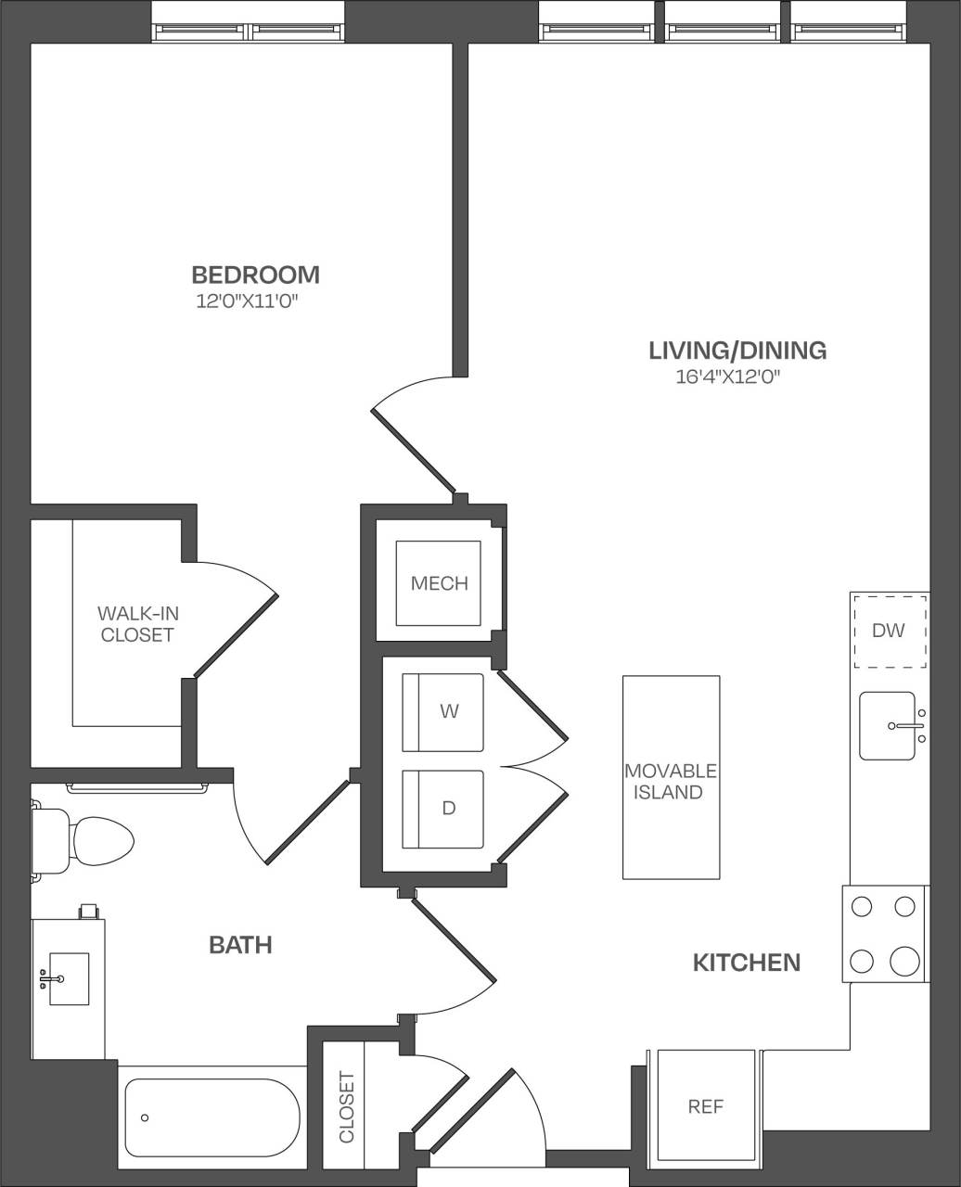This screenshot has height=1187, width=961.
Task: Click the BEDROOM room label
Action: click(255, 274)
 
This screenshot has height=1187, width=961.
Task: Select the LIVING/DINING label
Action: click(737, 351)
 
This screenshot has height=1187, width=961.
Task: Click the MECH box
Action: click(439, 583)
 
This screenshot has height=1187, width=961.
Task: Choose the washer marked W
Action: click(442, 712)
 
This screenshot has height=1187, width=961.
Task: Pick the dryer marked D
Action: click(442, 809)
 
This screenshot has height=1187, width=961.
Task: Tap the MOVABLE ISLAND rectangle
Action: click(670, 777)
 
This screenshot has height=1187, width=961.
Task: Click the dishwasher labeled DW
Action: click(889, 631)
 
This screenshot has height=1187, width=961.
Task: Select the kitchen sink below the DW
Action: click(888, 725)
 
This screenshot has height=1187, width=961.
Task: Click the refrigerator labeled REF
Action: click(705, 1105)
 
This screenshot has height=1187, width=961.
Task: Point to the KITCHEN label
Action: click(747, 963)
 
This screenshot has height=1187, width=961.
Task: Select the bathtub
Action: click(211, 1117)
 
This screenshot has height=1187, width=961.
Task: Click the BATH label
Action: click(240, 945)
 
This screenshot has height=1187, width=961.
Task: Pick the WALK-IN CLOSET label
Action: click(137, 624)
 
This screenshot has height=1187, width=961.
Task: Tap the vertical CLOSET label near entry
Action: click(346, 1106)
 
